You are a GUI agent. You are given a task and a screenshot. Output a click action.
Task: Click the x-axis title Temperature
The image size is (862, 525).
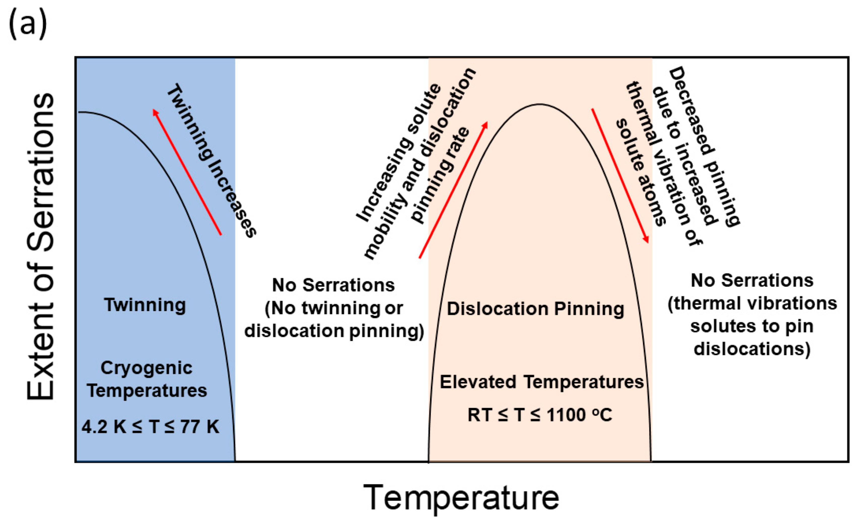tap(461, 498)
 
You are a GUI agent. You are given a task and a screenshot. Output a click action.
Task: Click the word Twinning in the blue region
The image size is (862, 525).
tap(145, 305)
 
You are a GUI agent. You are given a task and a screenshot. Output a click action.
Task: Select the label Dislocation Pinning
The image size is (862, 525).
tap(535, 309)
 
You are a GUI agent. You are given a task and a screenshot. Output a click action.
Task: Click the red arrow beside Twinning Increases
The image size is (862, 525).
tap(187, 172)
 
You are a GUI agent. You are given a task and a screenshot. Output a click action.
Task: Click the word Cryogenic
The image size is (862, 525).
tap(147, 368)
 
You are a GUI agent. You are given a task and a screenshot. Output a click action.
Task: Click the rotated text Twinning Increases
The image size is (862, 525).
tap(212, 161)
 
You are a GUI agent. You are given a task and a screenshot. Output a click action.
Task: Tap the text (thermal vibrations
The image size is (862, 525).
tap(752, 303)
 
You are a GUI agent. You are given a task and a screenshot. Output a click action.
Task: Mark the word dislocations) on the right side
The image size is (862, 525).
tap(752, 349)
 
